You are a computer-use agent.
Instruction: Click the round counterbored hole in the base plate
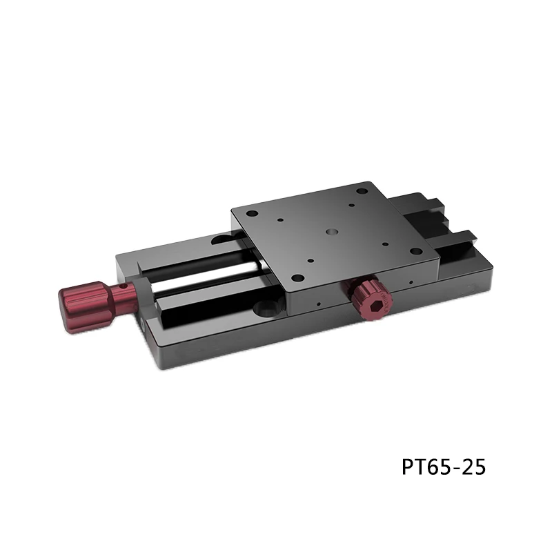point(265,305)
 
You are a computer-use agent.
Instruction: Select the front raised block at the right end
point(455,241)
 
